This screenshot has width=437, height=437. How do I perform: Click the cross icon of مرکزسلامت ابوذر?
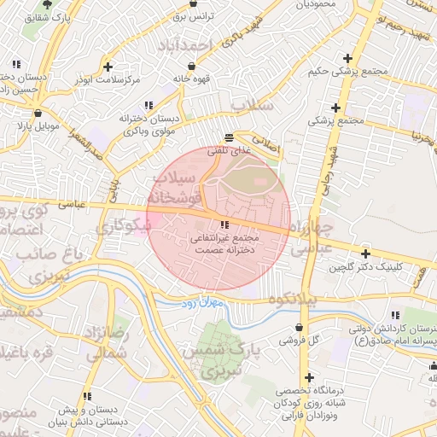[x=107, y=66]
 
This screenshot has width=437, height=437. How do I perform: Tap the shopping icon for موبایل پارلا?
[x=37, y=113]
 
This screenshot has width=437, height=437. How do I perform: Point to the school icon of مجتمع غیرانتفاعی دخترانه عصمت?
[x=213, y=224]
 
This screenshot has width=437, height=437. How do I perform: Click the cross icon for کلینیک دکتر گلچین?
[x=365, y=253]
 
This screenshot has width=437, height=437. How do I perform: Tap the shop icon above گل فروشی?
[x=298, y=327]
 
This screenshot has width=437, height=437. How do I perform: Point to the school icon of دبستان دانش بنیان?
[x=87, y=396]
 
